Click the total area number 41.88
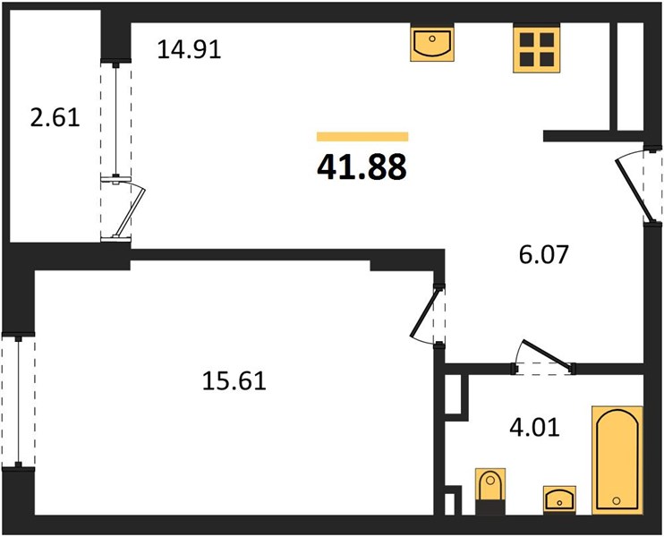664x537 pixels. click(362, 166)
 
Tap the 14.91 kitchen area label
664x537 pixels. click(190, 49)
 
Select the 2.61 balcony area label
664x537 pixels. click(55, 117)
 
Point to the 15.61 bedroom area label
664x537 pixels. click(234, 380)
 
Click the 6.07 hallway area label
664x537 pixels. click(543, 254)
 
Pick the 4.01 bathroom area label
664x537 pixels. click(534, 427)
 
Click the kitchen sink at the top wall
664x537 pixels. click(432, 44)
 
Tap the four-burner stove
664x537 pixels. click(537, 49)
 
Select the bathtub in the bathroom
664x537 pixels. click(617, 460)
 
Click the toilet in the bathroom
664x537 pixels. click(490, 491)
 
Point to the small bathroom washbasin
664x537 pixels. click(559, 499)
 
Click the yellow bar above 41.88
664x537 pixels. click(362, 136)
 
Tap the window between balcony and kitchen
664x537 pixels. click(115, 120)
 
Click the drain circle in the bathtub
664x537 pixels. click(617, 501)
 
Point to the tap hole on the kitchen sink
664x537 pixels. click(432, 38)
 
